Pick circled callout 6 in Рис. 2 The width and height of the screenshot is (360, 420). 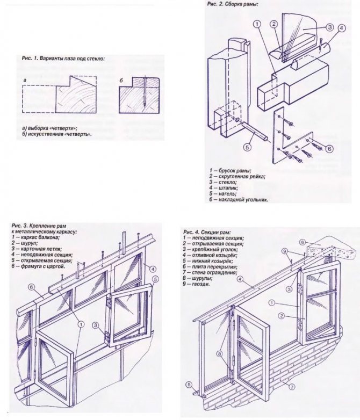coord(329,148)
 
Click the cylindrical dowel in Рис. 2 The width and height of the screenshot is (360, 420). coord(255,130)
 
